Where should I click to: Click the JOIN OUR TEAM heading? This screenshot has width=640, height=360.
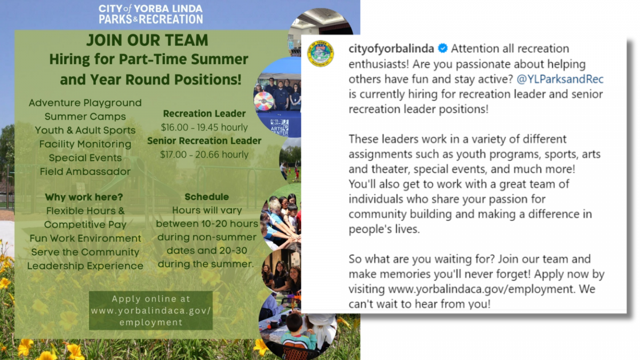[x=147, y=40]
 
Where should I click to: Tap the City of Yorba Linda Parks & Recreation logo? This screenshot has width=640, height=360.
[x=151, y=14]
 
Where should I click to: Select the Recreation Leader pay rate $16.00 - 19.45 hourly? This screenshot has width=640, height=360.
[x=204, y=127]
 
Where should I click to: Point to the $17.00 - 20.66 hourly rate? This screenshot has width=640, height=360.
[x=204, y=155]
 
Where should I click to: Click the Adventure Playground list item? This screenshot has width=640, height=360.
[x=85, y=103]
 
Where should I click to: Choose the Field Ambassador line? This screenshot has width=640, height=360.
[x=85, y=171]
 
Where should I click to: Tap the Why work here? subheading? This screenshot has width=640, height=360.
[x=84, y=197]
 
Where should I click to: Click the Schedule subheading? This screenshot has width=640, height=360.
[x=206, y=197]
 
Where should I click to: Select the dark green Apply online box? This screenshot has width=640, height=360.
[x=151, y=310]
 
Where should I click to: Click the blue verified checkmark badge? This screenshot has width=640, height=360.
[x=443, y=49]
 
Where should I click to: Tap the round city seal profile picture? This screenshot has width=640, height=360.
[x=321, y=53]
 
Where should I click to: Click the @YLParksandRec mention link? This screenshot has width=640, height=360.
[x=560, y=79]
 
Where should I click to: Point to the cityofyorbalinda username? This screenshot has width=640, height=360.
[x=391, y=49]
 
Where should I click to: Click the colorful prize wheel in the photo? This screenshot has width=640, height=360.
[x=263, y=101]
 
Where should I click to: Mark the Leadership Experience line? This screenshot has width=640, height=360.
[x=85, y=266]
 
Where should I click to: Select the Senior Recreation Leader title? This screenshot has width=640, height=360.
[x=204, y=141]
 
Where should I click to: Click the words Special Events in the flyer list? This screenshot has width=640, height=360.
[x=85, y=158]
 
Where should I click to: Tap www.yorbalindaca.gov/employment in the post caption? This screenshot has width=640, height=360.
[x=482, y=289]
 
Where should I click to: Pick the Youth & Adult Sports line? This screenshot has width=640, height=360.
[x=85, y=130]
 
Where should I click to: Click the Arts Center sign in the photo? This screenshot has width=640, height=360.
[x=279, y=127]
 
